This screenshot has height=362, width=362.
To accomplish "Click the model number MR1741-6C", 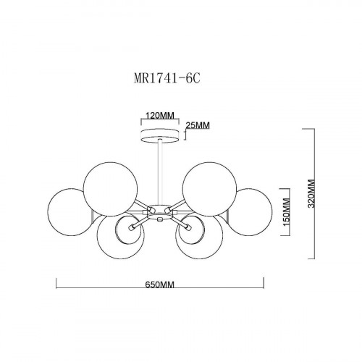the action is tap(167, 78).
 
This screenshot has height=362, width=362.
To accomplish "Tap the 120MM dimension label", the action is tap(159, 116).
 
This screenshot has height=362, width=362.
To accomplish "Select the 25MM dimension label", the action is tap(198, 125).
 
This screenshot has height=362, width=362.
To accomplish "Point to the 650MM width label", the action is tap(159, 285).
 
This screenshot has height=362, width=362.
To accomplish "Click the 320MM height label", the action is tap(312, 193).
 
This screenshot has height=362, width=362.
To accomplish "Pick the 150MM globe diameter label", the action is tap(286, 212).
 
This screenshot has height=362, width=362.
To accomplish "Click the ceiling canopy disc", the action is tap(160, 136).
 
